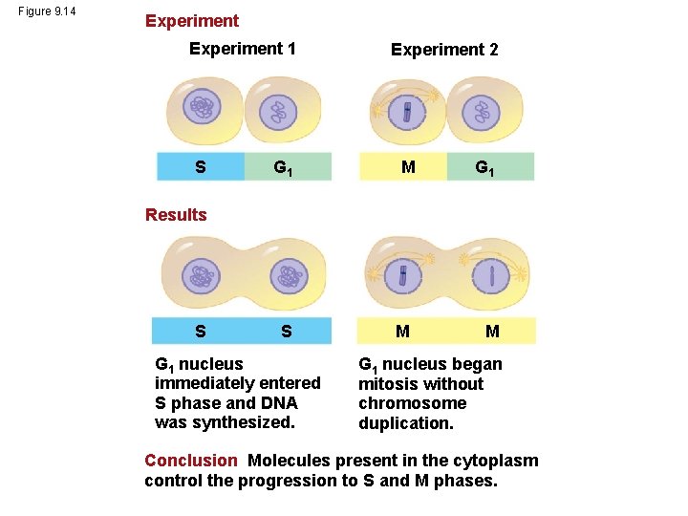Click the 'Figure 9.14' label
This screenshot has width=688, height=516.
[x=47, y=11]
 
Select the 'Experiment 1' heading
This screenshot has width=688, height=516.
[x=243, y=49]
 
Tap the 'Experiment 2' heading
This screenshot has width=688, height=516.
[x=444, y=50]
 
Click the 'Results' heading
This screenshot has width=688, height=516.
[x=176, y=214]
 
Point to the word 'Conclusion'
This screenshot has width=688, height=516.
[x=190, y=461]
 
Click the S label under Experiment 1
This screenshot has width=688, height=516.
[x=200, y=167]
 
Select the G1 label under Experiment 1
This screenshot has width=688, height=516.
[x=283, y=168]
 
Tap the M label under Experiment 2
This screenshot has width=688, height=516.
[x=408, y=167]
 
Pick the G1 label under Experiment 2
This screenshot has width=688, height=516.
[x=486, y=168]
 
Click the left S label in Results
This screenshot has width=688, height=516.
[x=200, y=332]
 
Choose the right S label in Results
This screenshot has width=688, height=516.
[x=286, y=332]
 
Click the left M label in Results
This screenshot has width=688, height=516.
[x=403, y=332]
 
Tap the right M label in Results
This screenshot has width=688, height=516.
[x=492, y=332]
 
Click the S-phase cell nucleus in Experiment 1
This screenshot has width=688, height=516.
[x=202, y=111]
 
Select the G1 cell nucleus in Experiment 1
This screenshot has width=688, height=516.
[x=280, y=113]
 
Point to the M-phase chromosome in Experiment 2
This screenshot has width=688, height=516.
[x=407, y=112]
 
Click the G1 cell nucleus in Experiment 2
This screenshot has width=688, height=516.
[x=481, y=113]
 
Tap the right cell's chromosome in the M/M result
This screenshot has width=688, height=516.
[x=493, y=276]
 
